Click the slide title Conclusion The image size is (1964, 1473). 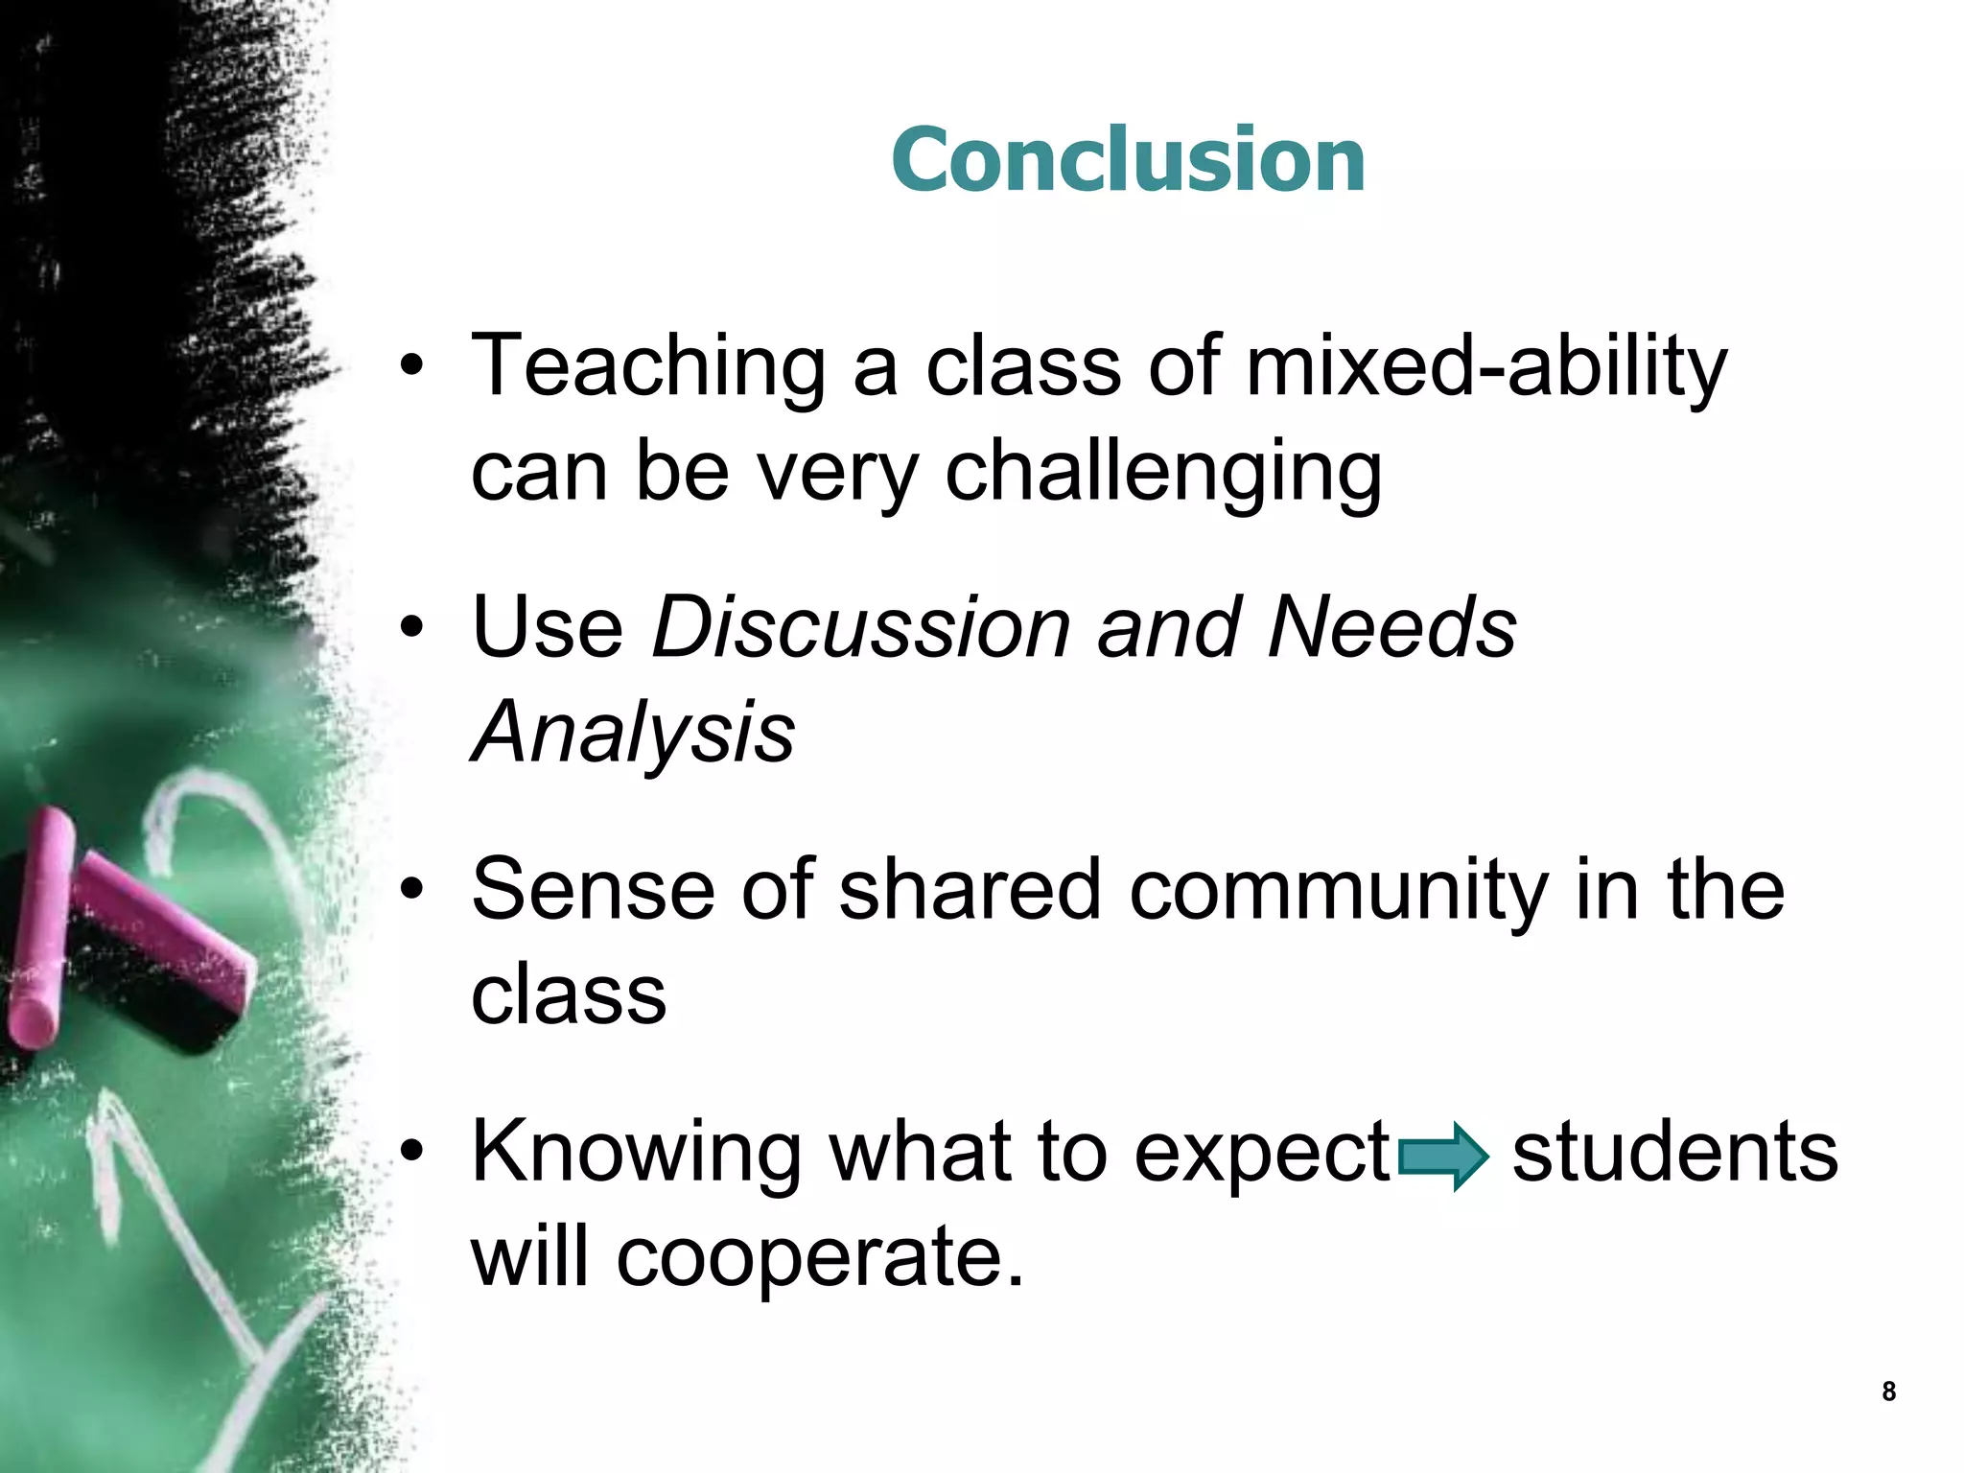1128,160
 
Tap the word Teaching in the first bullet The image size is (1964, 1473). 648,366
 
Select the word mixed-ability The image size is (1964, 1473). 1485,366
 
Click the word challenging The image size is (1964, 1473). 1163,473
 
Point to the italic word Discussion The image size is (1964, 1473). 860,628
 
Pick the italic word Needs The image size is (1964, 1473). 1391,628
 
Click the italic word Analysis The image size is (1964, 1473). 633,733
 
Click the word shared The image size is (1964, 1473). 970,890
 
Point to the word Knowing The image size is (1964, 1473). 636,1154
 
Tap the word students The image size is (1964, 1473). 1674,1152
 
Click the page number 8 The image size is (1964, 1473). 1888,1391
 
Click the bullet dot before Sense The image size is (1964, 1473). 411,891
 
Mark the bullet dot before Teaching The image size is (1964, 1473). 411,366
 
